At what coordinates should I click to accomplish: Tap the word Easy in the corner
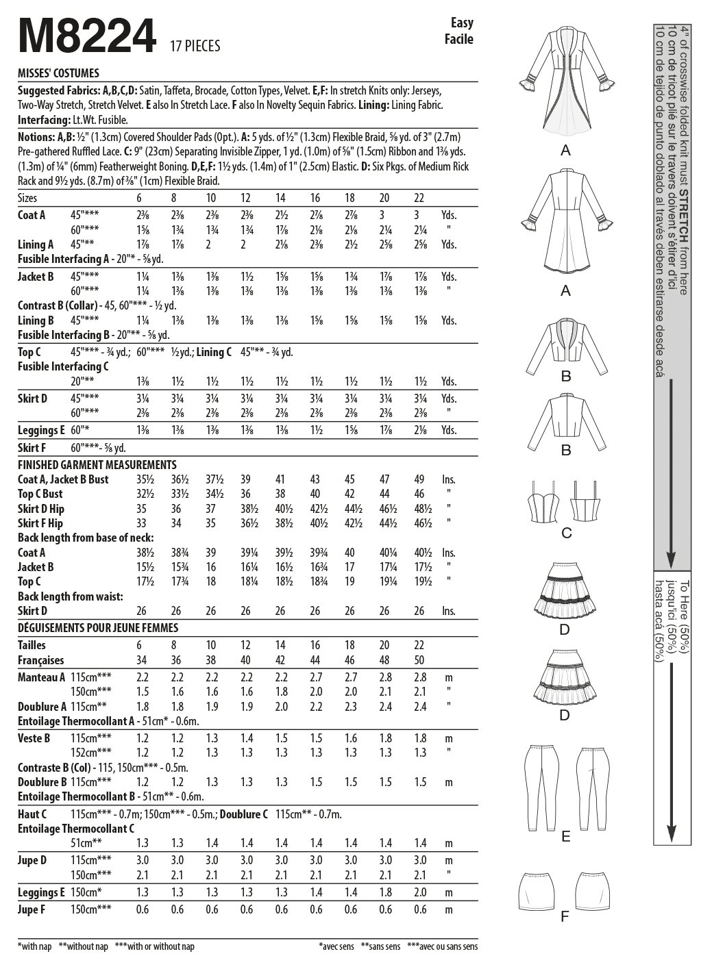462,23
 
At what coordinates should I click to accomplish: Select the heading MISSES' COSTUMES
58,73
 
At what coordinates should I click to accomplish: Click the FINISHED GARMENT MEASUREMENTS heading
97,464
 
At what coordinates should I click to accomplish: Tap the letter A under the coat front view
565,150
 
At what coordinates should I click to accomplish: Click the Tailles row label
32,645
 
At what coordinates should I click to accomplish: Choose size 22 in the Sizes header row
419,198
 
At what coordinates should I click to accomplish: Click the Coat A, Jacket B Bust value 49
419,479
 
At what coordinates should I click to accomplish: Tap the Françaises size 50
419,660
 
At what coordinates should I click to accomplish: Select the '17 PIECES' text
195,46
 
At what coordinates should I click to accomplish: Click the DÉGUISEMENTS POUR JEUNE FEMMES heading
97,628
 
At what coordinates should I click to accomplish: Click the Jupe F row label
32,909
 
